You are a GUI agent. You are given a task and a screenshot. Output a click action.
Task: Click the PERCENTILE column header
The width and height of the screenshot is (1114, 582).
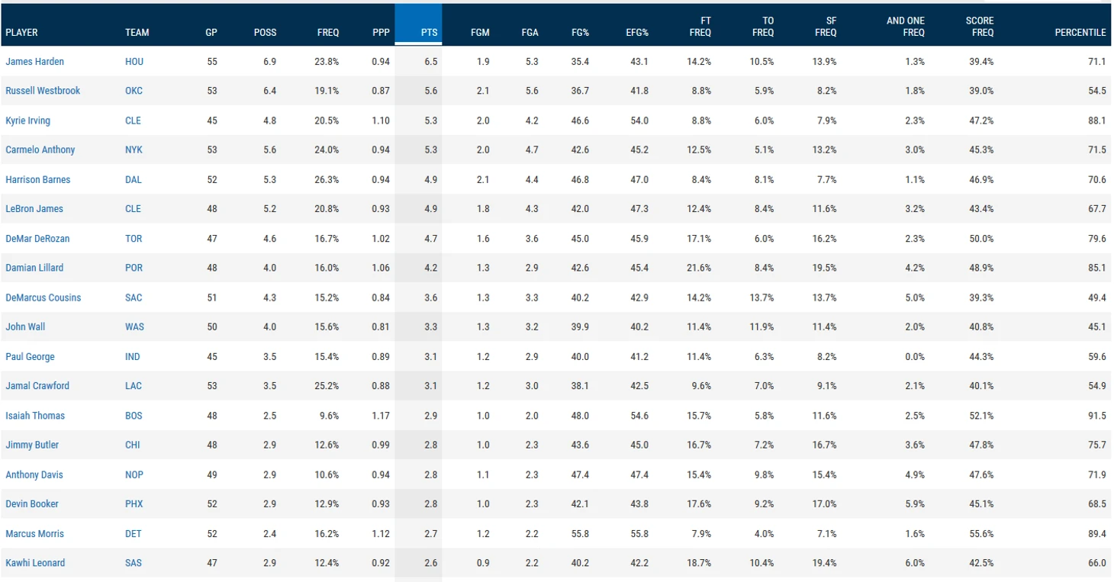coord(1080,33)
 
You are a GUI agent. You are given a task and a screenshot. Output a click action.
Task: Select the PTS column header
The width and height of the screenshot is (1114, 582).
coord(429,33)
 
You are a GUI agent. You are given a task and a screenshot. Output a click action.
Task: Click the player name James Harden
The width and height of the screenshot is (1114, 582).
coord(34,61)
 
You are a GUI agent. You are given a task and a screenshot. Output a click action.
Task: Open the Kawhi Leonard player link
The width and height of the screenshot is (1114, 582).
coord(35,563)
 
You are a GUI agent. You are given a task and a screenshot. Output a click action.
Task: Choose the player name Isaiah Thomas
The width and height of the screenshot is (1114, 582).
coord(35,416)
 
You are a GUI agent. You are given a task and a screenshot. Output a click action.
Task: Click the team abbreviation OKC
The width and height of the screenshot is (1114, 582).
coord(134,91)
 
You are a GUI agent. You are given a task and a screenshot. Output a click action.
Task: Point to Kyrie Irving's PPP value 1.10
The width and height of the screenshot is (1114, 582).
coord(381,121)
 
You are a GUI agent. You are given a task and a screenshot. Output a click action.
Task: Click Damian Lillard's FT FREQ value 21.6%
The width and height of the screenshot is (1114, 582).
coord(699,268)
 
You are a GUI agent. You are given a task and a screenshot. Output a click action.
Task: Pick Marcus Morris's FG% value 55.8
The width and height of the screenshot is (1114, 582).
coord(580,534)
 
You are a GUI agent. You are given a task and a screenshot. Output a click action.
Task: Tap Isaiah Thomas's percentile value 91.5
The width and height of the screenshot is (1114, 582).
coord(1097,416)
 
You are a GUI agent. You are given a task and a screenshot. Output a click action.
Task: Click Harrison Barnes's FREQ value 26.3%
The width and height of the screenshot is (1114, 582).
coord(328,180)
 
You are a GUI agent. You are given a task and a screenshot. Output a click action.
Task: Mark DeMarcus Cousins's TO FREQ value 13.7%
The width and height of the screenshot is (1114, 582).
coord(761,297)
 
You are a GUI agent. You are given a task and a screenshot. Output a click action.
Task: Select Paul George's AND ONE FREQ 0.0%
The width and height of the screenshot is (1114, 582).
coord(914,357)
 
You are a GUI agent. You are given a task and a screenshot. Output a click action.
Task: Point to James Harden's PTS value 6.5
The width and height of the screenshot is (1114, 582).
coord(430,61)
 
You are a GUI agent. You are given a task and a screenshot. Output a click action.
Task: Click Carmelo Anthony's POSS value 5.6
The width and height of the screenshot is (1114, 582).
coord(269,150)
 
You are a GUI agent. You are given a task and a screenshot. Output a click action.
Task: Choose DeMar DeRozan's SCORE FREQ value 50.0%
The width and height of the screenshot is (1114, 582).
coord(981,239)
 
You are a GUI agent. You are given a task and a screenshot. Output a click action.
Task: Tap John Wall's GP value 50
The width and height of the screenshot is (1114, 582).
coord(211,327)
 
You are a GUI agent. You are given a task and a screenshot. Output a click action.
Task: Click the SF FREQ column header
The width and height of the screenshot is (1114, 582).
coord(826,27)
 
